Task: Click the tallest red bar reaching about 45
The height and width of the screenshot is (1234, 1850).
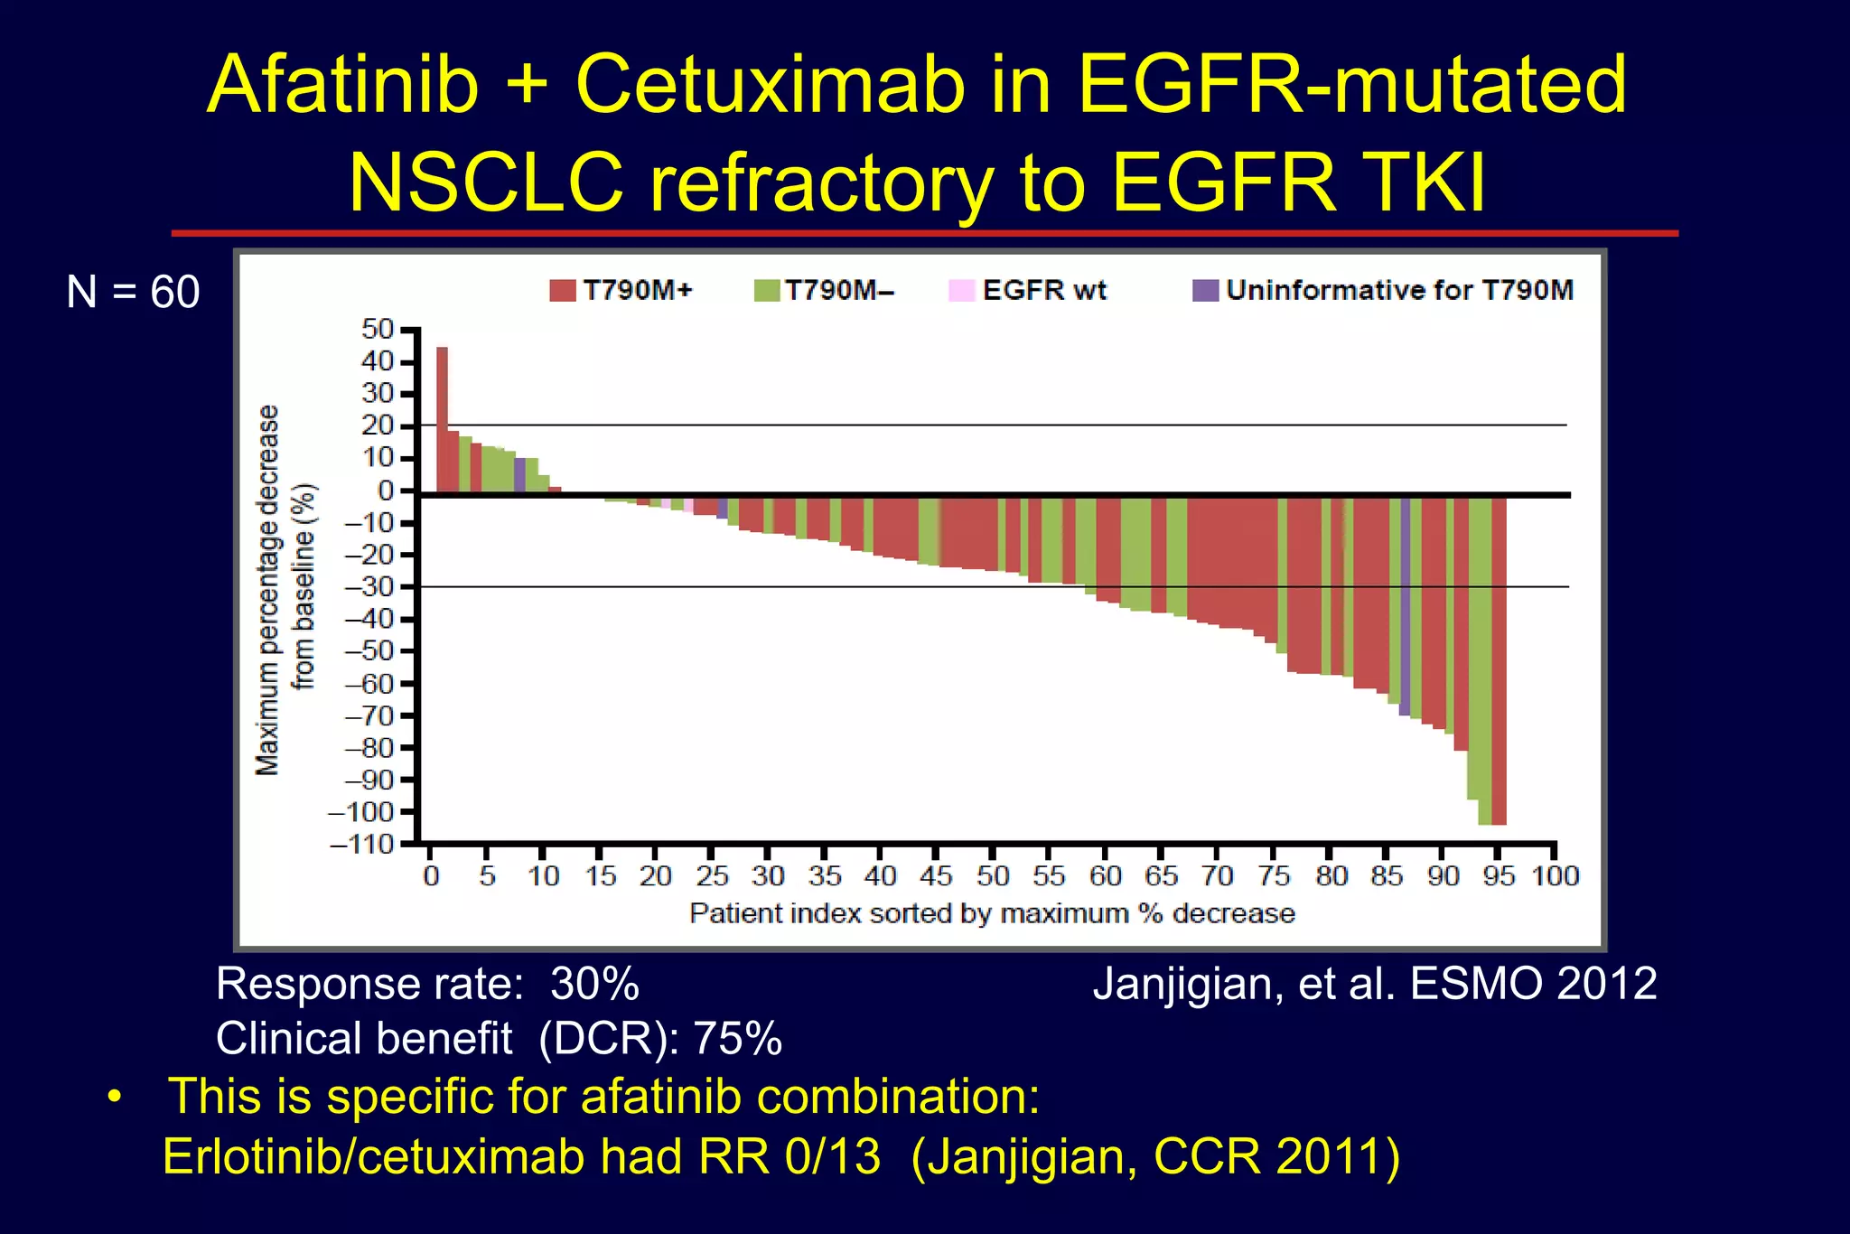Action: pos(442,420)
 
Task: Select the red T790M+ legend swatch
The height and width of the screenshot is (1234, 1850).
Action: pos(563,291)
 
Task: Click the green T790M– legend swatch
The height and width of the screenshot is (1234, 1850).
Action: pos(767,291)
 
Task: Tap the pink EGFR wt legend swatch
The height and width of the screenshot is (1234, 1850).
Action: pos(961,291)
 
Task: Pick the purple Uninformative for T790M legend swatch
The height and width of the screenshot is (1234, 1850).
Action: pos(1205,291)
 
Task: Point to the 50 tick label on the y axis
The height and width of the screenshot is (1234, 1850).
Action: pos(378,329)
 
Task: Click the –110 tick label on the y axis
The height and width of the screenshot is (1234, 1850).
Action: pos(363,845)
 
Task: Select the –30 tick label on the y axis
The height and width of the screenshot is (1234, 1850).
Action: pos(370,586)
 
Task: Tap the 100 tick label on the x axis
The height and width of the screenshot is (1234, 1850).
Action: pos(1555,875)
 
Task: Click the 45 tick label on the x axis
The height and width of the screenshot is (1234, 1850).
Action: pos(936,875)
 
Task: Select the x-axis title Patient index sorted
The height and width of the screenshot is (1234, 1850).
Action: pos(992,913)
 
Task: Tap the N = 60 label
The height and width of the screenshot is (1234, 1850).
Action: pos(133,292)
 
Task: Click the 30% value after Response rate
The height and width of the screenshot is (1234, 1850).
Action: pos(594,984)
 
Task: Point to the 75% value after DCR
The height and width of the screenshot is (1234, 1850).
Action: pos(737,1038)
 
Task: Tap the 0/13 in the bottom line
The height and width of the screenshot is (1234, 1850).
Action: pos(832,1156)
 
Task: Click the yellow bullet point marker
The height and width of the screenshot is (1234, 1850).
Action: pos(114,1098)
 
